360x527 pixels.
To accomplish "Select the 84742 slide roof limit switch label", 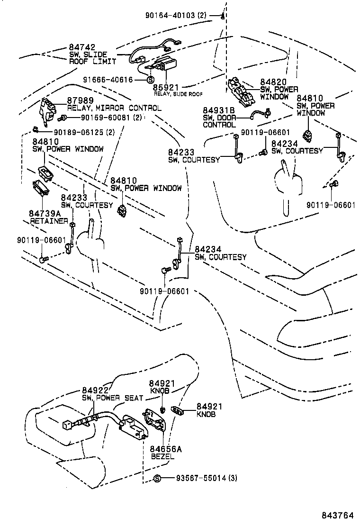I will (x=82, y=47).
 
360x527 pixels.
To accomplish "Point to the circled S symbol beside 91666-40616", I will (x=149, y=80).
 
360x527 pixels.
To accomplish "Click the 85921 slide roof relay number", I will (x=165, y=88).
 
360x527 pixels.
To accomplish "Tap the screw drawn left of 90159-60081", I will (x=62, y=117).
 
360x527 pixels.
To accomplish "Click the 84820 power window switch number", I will (x=273, y=82).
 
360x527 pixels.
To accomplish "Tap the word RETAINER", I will (x=49, y=221).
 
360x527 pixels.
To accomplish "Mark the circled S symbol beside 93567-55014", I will (x=157, y=478).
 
